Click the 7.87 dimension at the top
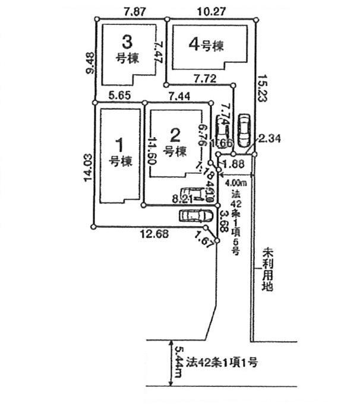(135, 11)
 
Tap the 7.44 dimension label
(179, 95)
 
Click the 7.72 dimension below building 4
(206, 77)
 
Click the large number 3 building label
(127, 42)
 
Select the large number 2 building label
(175, 134)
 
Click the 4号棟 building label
(206, 44)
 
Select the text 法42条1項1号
(220, 361)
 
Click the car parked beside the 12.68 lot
(195, 215)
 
